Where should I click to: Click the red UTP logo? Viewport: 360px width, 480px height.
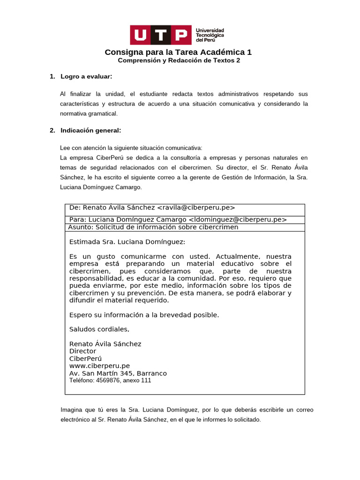point(161,35)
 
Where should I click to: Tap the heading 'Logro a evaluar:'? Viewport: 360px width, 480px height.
point(86,76)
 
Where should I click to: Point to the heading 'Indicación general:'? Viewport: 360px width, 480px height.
point(90,130)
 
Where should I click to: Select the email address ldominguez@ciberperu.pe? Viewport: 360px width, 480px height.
point(238,219)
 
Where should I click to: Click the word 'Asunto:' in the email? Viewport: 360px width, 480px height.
point(81,227)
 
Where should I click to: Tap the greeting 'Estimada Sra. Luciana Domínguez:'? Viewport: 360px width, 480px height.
point(127,242)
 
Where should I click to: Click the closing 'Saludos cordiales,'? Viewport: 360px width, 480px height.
point(99,329)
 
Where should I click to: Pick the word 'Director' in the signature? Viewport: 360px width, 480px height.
point(82,351)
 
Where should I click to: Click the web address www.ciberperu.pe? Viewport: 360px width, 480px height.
point(99,366)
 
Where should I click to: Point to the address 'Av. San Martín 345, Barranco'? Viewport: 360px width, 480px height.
point(118,373)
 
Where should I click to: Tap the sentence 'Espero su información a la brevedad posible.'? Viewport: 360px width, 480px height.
point(144,315)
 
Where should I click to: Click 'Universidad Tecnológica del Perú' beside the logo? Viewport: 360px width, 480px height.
point(210,35)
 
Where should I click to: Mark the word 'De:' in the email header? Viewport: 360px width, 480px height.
point(75,208)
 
